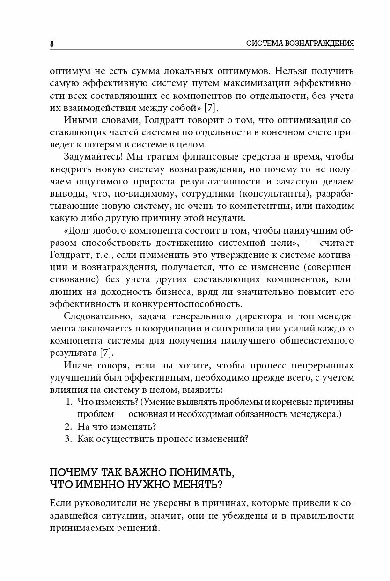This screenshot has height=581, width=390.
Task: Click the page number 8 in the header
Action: pyautogui.click(x=52, y=44)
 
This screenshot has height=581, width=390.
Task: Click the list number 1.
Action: pyautogui.click(x=68, y=402)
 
